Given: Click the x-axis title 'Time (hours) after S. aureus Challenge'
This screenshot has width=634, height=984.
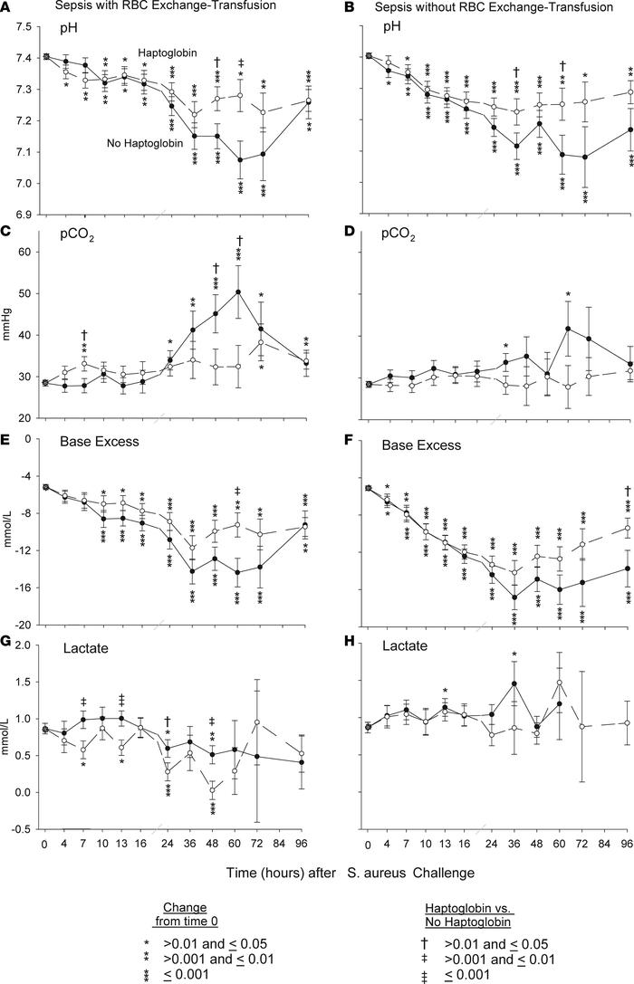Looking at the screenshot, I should coord(317,872).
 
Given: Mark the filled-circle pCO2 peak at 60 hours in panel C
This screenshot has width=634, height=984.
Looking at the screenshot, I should coord(238,291).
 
